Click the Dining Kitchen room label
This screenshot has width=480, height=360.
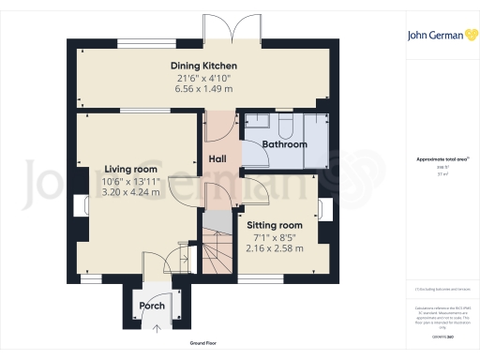coord(202,65)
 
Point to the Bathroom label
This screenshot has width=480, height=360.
coord(284,145)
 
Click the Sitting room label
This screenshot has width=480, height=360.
coord(275,226)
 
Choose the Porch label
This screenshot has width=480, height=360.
coord(152,307)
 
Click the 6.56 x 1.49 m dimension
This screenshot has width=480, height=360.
coord(202,88)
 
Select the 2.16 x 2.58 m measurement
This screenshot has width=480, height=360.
coord(275,248)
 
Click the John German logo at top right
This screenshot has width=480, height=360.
coord(438,36)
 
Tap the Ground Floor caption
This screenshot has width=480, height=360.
coord(203,344)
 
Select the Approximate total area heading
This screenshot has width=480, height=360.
coord(437,159)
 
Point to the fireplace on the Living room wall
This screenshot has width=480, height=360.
coord(76,207)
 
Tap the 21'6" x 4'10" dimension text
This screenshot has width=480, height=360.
coord(202,77)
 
